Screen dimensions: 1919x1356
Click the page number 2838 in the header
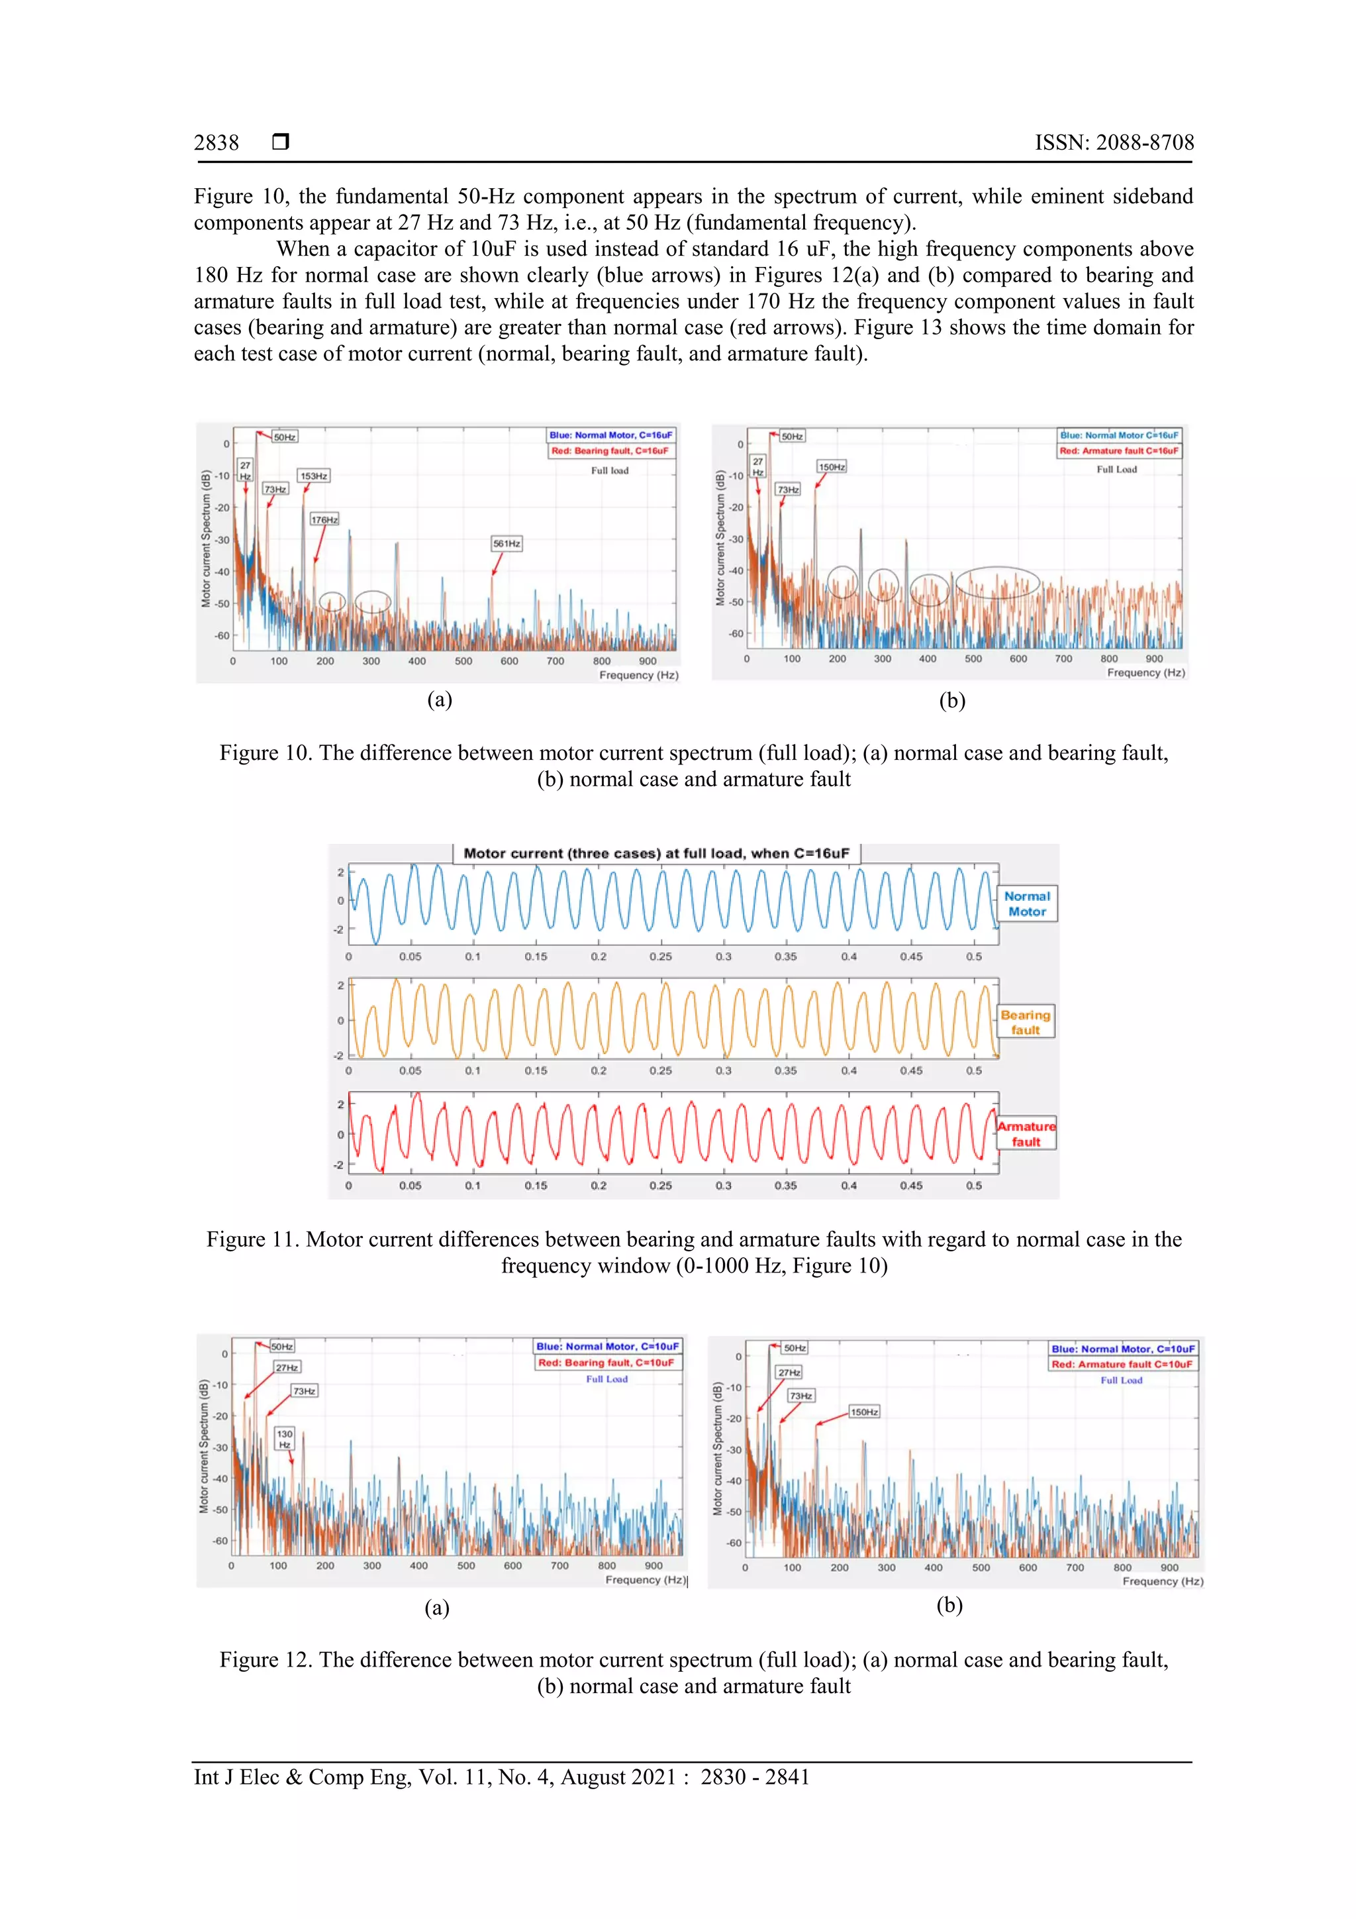point(217,143)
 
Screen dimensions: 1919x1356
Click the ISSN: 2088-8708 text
point(1114,143)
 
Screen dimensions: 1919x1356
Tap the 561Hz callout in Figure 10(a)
point(507,543)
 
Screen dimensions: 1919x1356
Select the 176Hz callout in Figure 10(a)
point(324,520)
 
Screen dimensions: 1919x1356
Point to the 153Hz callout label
point(314,476)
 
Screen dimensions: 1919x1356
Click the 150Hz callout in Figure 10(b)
point(832,466)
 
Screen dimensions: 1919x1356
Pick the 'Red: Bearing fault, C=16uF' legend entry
point(610,451)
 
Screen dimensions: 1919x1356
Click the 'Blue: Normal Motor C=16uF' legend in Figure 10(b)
point(1119,435)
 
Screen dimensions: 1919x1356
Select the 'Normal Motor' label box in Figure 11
point(1027,904)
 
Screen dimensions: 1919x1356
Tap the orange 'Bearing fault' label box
point(1025,1021)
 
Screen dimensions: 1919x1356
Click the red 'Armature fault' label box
point(1026,1133)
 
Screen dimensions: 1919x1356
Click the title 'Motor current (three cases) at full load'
point(656,853)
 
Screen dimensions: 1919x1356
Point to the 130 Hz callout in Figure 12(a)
point(285,1438)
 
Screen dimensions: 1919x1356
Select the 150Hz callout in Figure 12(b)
point(864,1412)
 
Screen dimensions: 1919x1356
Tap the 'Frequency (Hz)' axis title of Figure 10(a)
point(638,676)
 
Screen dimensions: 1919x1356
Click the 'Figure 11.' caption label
point(252,1239)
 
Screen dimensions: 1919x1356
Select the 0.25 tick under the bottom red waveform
point(660,1185)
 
